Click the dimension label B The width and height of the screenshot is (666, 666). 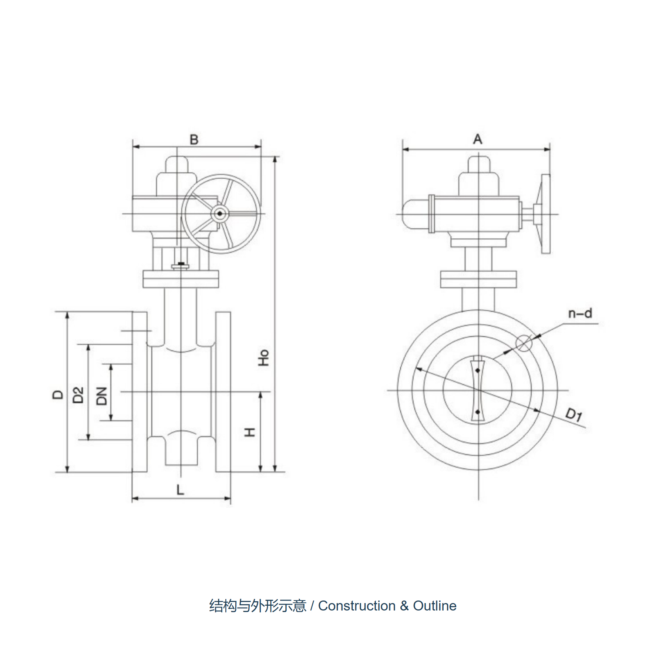tap(194, 139)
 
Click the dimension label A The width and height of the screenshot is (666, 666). tap(478, 139)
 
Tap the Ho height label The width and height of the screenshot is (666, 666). tap(263, 357)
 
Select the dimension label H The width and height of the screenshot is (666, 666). tap(250, 432)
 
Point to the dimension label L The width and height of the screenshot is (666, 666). tap(180, 490)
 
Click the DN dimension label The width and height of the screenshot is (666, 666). tap(101, 396)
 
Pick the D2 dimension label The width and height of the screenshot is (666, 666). tap(78, 394)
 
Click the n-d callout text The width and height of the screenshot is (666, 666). tap(580, 313)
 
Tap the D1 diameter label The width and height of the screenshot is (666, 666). tap(574, 414)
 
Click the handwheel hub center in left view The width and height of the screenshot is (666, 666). tap(220, 213)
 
